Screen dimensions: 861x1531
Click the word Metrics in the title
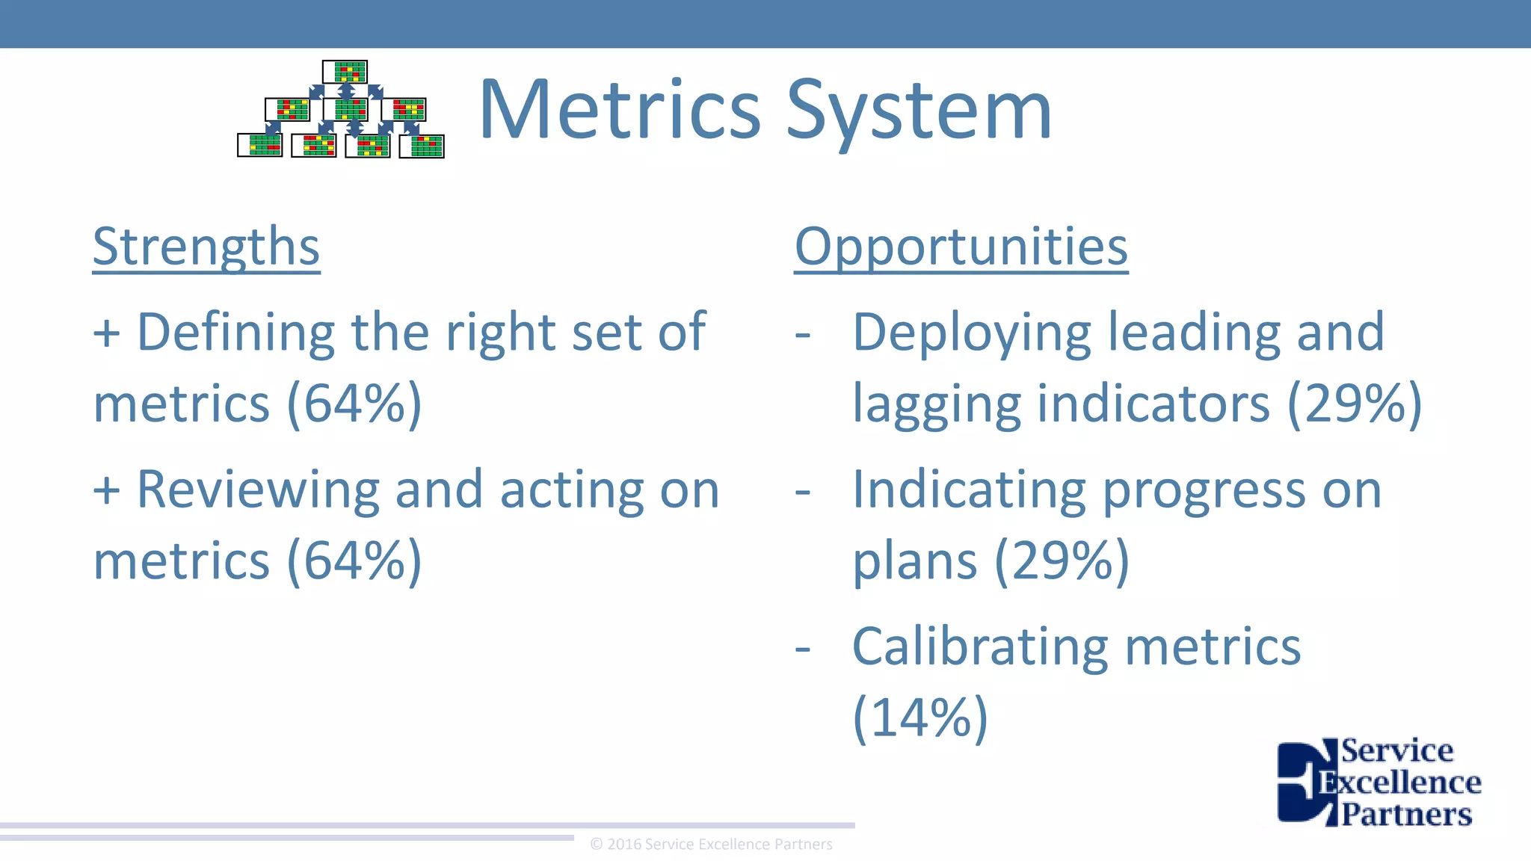pyautogui.click(x=620, y=111)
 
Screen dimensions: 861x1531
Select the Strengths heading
pyautogui.click(x=206, y=247)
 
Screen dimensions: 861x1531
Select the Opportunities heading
pyautogui.click(x=961, y=247)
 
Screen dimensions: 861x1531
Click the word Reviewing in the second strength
pyautogui.click(x=258, y=490)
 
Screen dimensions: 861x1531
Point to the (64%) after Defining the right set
pyautogui.click(x=354, y=404)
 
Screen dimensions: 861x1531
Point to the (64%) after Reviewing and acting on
pyautogui.click(x=354, y=561)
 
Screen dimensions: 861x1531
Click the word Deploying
pyautogui.click(x=971, y=333)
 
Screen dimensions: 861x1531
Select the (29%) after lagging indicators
pyautogui.click(x=1354, y=404)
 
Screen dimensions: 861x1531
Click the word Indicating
pyautogui.click(x=969, y=490)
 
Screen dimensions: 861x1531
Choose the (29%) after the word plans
pyautogui.click(x=1062, y=561)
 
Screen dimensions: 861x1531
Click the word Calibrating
pyautogui.click(x=979, y=646)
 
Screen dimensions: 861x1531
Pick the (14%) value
pyautogui.click(x=920, y=717)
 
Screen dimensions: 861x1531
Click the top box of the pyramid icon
pyautogui.click(x=345, y=72)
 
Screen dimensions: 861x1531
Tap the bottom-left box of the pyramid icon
pyautogui.click(x=259, y=145)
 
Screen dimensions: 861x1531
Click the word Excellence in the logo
pyautogui.click(x=1399, y=783)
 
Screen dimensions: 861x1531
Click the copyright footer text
pyautogui.click(x=711, y=845)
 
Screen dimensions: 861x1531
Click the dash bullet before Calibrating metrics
pyautogui.click(x=803, y=648)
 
